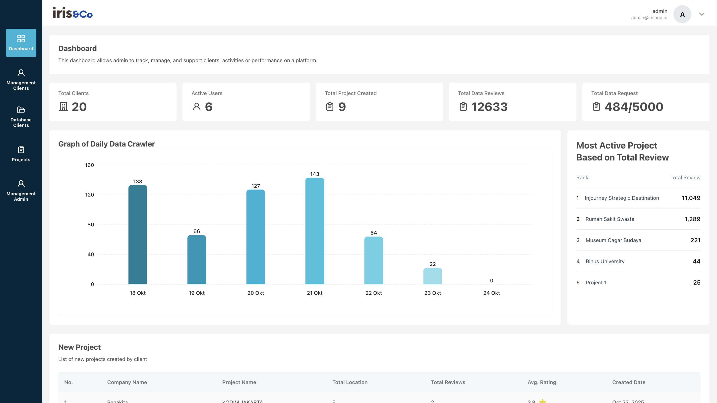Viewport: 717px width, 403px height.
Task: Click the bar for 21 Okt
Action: pos(314,231)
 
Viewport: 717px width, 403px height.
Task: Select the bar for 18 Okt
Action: pos(137,235)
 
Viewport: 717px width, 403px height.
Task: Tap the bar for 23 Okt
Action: pos(432,276)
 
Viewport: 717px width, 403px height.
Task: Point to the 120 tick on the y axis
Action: pos(89,195)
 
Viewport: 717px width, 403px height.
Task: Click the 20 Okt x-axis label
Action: pos(255,293)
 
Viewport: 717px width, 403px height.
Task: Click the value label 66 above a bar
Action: pos(196,231)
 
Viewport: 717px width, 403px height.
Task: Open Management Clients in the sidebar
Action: pos(21,80)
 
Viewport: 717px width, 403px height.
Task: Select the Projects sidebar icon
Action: pos(21,150)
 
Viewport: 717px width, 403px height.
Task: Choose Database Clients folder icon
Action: pos(21,110)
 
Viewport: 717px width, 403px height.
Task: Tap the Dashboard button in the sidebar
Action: pos(21,43)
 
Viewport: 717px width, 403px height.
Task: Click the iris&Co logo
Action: pos(73,13)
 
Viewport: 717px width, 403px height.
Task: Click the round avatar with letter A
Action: pos(682,14)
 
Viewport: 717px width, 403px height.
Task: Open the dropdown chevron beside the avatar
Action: pos(701,14)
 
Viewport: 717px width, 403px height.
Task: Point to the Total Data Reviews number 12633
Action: pos(489,107)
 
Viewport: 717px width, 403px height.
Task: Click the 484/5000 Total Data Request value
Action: pos(634,107)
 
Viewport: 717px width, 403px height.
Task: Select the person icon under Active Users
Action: pos(196,107)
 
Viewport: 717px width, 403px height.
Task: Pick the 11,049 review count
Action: pos(691,198)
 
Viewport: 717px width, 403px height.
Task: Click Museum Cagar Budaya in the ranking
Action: pos(613,240)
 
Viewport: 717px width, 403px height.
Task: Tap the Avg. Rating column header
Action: pos(542,382)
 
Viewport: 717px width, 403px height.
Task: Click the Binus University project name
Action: pos(605,261)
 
